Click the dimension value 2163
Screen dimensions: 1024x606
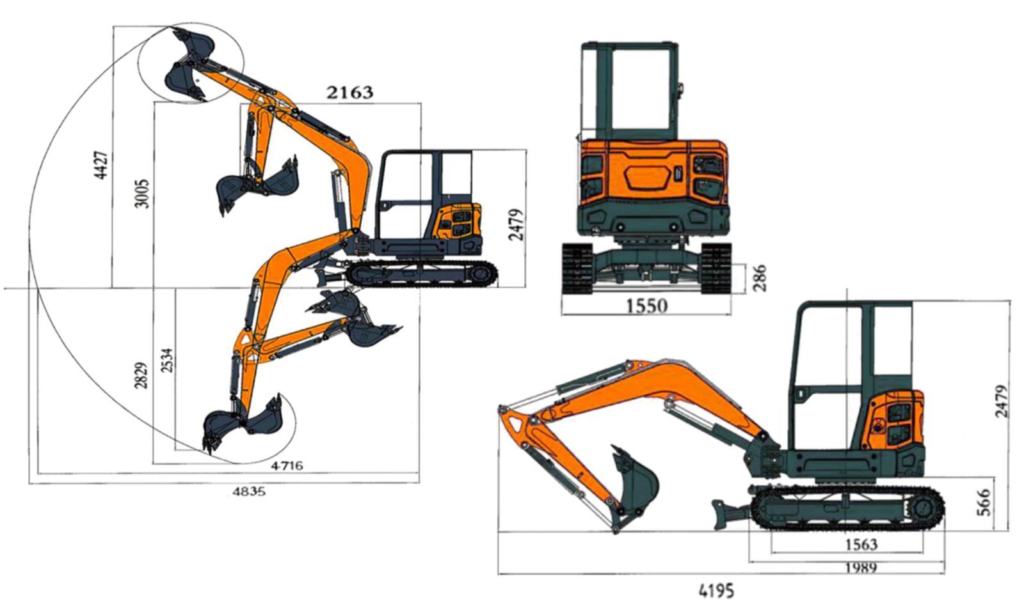349,92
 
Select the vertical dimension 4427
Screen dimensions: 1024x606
102,165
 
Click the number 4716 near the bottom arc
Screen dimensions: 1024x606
287,465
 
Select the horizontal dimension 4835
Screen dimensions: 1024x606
249,492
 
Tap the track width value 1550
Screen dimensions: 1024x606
646,306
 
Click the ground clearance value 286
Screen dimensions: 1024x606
758,277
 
